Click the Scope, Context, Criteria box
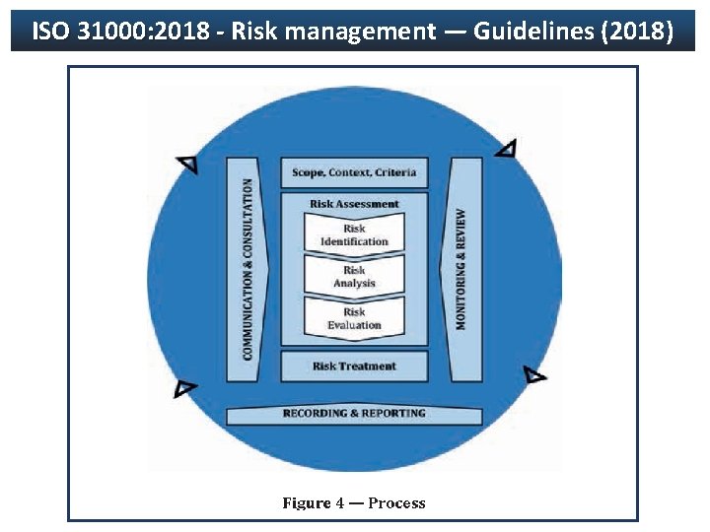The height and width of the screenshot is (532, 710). click(x=354, y=172)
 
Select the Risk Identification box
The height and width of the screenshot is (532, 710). click(x=354, y=234)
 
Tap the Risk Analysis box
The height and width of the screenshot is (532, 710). click(x=354, y=277)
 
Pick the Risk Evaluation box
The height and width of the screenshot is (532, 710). click(x=354, y=318)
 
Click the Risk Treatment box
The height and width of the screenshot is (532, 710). click(x=354, y=366)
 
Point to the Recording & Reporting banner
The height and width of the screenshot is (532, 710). click(x=354, y=414)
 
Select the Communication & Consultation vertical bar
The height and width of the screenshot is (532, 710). click(x=247, y=269)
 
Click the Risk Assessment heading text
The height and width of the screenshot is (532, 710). click(x=354, y=204)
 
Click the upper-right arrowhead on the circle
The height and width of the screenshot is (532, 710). click(x=506, y=150)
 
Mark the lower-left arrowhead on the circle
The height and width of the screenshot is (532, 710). click(x=184, y=388)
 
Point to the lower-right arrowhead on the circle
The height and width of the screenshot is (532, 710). click(x=533, y=375)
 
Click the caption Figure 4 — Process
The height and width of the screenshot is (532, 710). click(x=354, y=503)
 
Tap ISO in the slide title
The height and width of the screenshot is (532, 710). click(x=50, y=32)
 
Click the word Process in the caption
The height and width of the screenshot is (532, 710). click(x=396, y=503)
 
